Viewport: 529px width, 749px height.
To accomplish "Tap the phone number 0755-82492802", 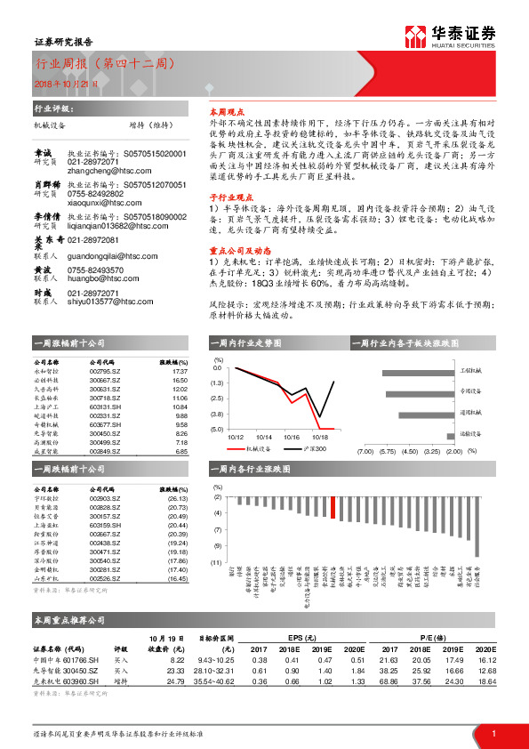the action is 97,192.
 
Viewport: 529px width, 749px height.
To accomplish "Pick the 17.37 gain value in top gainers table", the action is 180,371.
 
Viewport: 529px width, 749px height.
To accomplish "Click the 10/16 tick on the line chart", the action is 293,437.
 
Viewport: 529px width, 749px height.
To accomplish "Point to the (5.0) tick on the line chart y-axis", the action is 217,430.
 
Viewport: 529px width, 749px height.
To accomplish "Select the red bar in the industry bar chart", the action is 333,507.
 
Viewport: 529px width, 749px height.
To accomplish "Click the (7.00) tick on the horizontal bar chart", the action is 364,451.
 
